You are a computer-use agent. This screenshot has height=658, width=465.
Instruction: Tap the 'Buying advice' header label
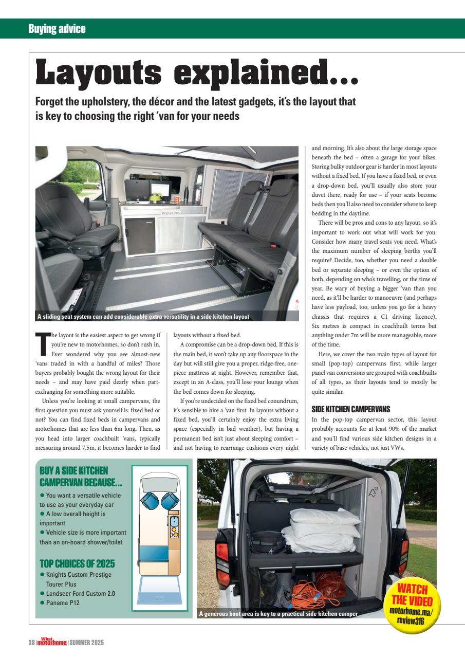[x=57, y=29]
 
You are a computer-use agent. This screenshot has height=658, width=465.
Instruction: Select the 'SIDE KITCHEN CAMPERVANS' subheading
[x=351, y=409]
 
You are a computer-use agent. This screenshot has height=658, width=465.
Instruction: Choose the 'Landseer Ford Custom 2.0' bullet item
[x=80, y=593]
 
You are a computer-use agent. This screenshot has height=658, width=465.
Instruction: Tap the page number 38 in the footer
[x=32, y=643]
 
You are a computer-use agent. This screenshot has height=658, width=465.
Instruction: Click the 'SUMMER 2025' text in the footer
[x=87, y=643]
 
